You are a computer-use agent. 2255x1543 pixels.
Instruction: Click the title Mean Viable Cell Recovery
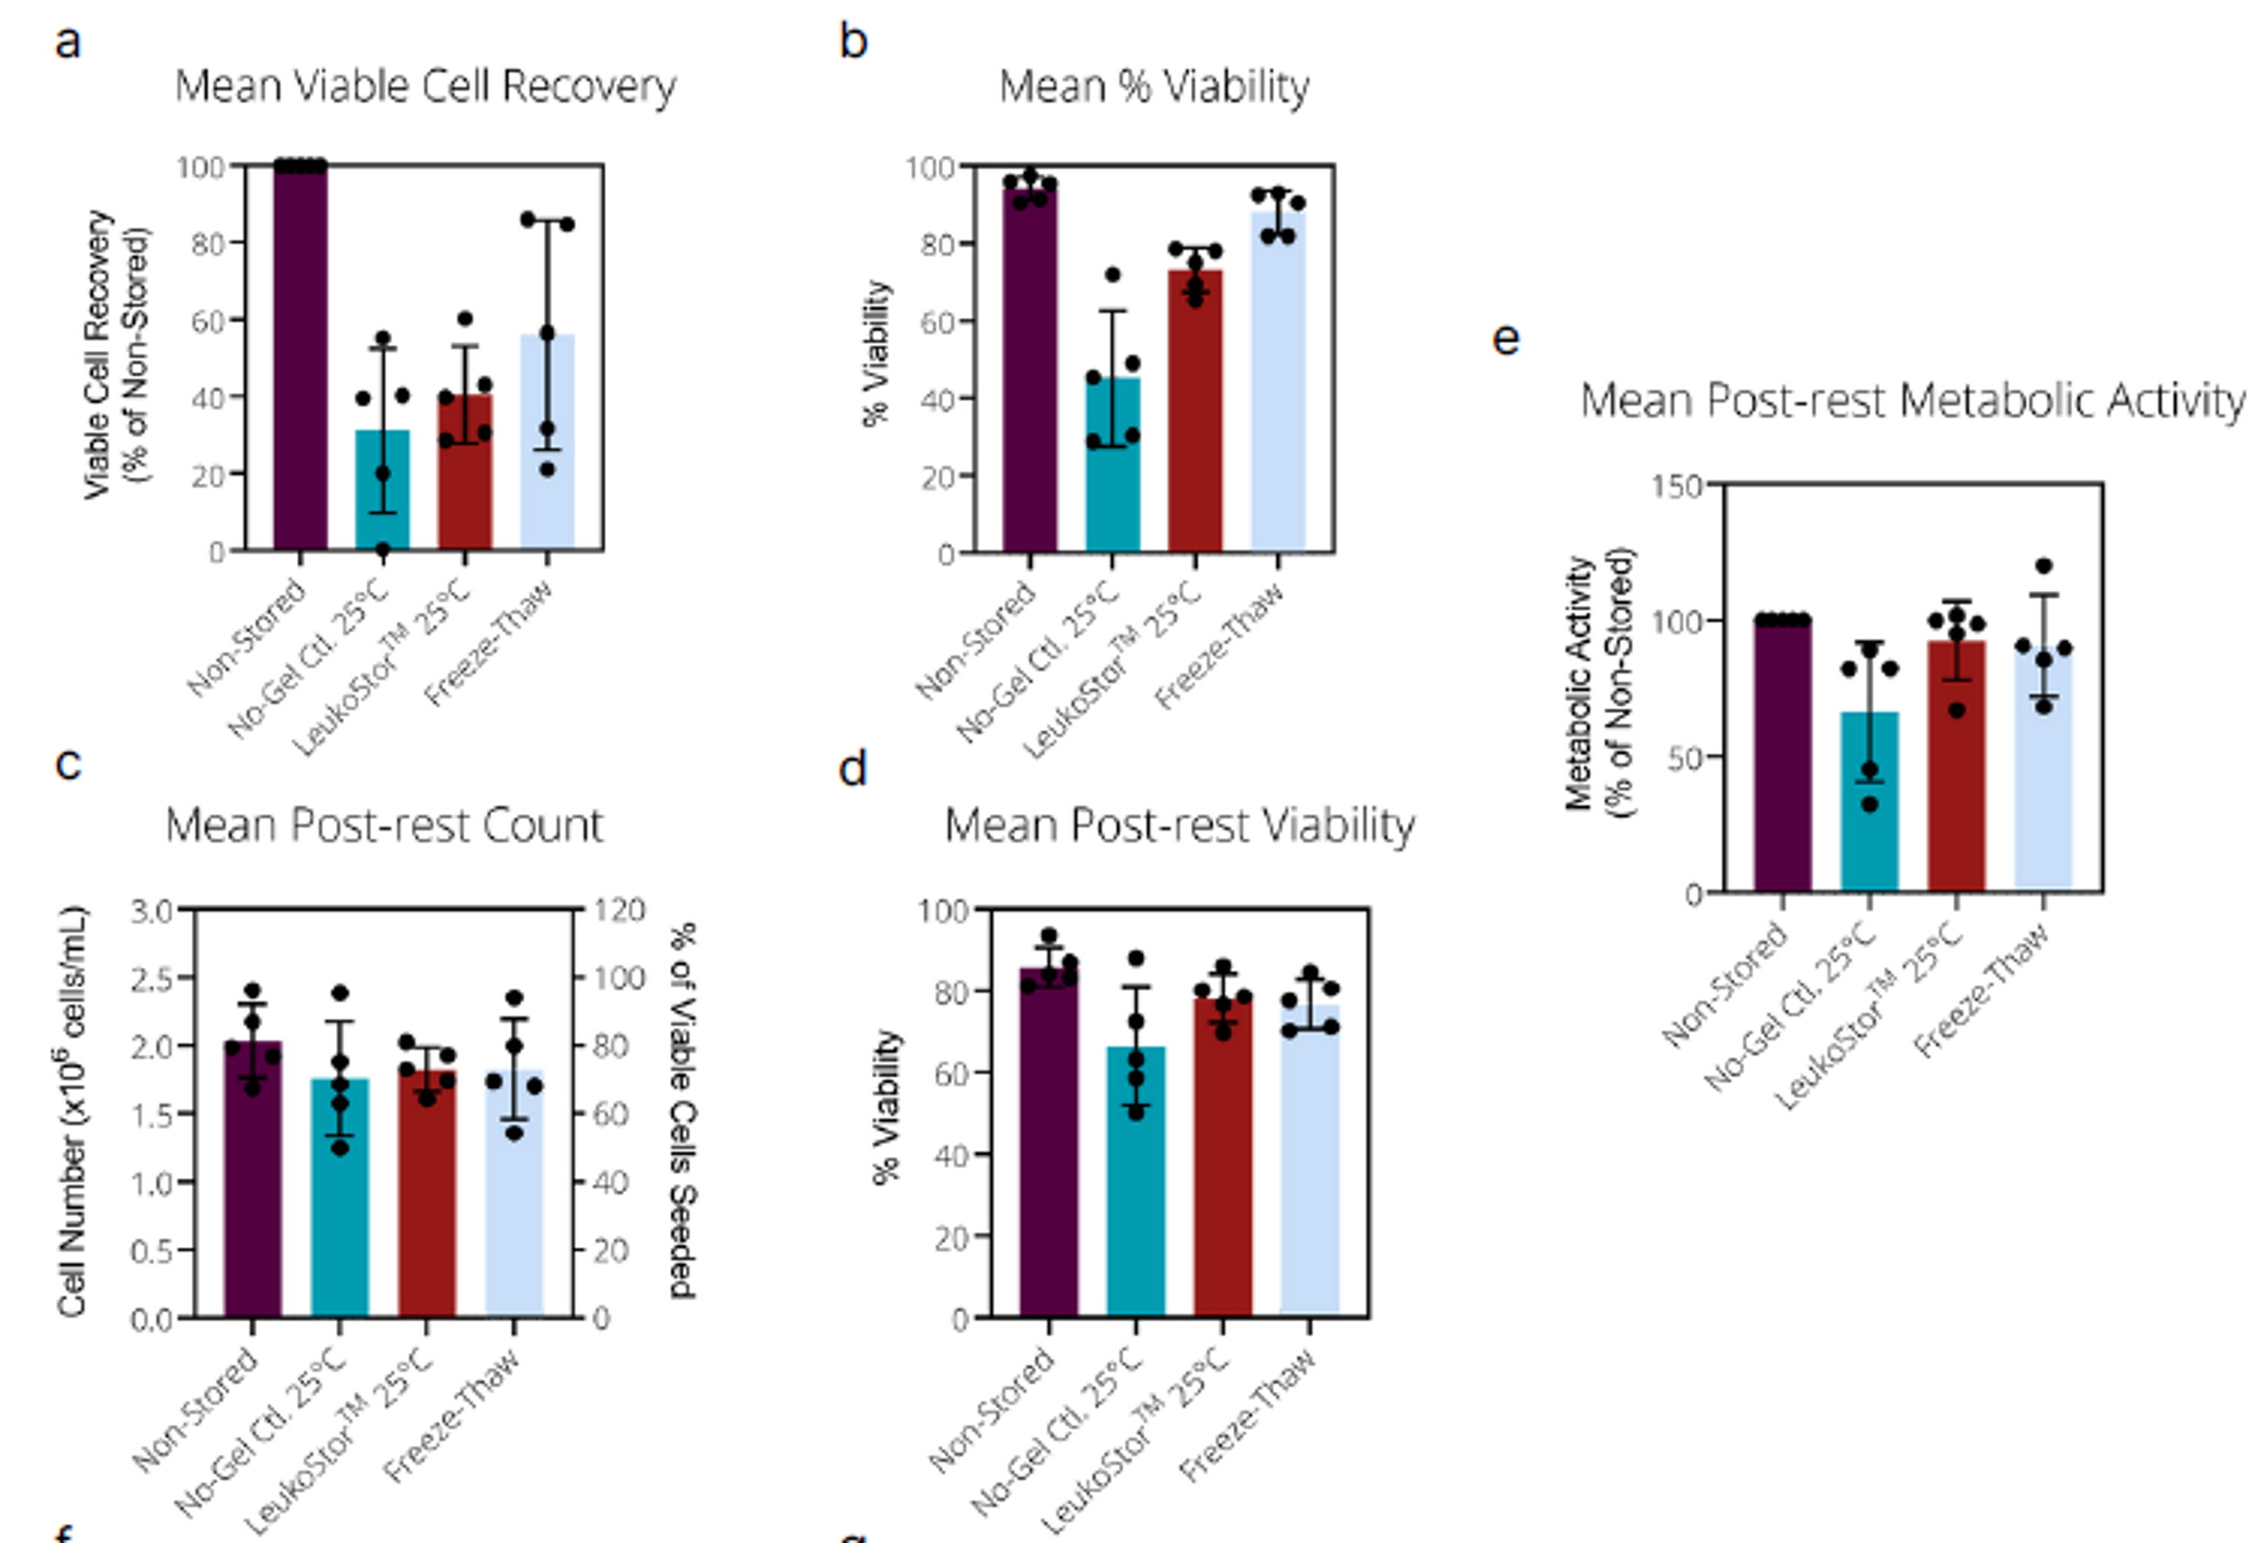(x=425, y=87)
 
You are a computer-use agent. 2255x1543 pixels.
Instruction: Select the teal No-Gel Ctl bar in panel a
(x=383, y=494)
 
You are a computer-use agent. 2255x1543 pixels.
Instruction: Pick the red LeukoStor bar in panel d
(x=1223, y=1164)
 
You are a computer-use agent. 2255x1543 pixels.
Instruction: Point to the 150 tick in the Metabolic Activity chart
(x=1677, y=486)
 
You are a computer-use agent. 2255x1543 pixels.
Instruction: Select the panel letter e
(x=1505, y=339)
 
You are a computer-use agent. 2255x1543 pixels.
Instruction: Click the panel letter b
(x=853, y=42)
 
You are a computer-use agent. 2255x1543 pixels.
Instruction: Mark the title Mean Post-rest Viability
(x=1179, y=826)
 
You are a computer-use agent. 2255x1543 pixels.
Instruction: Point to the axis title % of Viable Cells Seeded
(x=683, y=1111)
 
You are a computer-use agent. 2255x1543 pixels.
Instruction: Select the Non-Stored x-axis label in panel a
(x=246, y=638)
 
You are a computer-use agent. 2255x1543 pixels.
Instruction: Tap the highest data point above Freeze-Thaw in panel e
(x=2043, y=566)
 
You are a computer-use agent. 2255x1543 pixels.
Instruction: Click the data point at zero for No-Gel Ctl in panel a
(x=383, y=550)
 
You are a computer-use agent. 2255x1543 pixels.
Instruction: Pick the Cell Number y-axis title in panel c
(x=74, y=1112)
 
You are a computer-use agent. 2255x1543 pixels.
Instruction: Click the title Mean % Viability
(x=1153, y=87)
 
